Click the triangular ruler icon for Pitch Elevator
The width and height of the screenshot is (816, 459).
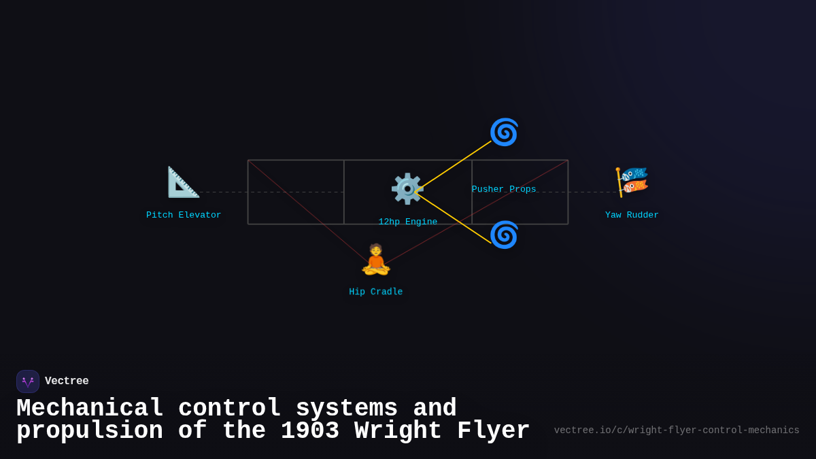coord(183,182)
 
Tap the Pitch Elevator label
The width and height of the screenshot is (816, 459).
coord(184,216)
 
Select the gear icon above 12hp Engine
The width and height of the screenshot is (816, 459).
coord(407,188)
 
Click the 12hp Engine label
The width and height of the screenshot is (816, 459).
coord(408,222)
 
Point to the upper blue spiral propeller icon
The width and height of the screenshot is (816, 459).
coord(504,132)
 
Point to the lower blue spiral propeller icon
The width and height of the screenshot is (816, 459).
coord(504,235)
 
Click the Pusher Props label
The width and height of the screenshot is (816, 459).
coord(504,190)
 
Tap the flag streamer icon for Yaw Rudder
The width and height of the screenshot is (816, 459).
coord(632,182)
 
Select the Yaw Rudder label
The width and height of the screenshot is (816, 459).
coord(632,216)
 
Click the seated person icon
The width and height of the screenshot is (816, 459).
coord(376,260)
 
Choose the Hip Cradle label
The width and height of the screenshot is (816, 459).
coord(376,292)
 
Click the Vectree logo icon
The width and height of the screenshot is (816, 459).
coord(28,381)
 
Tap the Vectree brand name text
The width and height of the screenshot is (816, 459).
coord(67,381)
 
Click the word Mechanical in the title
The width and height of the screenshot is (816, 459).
coord(90,409)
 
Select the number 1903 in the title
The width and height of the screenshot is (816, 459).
coord(310,431)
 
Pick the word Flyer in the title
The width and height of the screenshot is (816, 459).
coord(493,431)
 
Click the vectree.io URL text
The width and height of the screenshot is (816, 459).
coord(677,430)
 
